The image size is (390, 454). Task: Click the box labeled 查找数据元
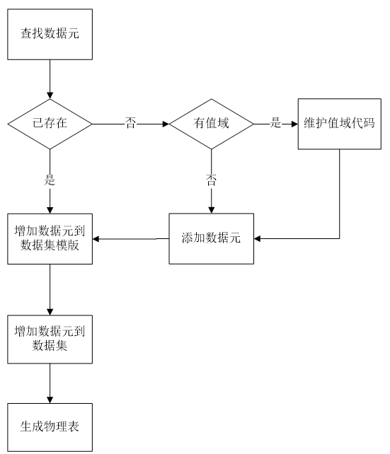(50, 35)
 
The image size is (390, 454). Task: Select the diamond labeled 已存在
(50, 124)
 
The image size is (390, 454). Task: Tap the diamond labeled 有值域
(211, 124)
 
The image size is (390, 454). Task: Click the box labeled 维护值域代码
(340, 124)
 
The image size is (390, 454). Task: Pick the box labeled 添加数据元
(211, 238)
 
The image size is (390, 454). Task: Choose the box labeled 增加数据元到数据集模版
(50, 239)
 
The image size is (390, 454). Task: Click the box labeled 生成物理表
(50, 427)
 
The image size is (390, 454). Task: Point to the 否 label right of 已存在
(130, 123)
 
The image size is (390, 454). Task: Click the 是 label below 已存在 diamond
(50, 180)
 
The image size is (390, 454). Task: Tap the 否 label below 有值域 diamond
(211, 180)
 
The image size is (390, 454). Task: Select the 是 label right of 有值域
(275, 122)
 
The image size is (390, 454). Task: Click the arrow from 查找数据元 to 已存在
(50, 79)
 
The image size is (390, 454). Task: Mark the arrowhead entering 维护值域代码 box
(294, 124)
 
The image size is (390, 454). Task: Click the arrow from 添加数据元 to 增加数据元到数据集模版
(131, 239)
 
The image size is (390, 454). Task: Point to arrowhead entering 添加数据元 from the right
(258, 238)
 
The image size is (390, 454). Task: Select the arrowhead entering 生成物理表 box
(50, 400)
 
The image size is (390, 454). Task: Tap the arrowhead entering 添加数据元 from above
(211, 210)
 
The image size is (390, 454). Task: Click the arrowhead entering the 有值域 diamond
(166, 124)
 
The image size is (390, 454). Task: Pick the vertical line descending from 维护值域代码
(340, 194)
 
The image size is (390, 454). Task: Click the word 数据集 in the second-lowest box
(50, 345)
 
